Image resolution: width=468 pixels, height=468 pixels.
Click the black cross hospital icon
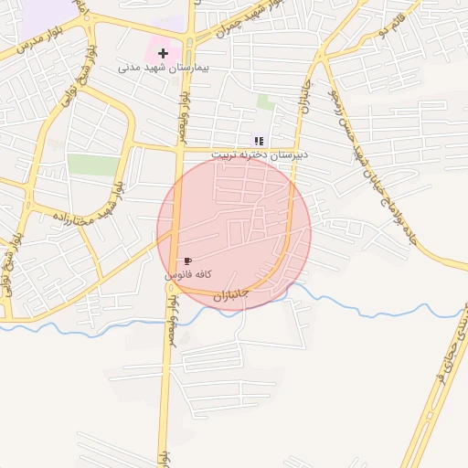[164, 54]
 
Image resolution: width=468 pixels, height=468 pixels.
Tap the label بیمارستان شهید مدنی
[164, 68]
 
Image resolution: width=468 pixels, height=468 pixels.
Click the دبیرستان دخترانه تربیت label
[260, 154]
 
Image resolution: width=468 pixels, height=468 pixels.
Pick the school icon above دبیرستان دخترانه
[259, 141]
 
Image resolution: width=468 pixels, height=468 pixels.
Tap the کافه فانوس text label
[188, 274]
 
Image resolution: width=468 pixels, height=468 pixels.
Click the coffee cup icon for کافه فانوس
[187, 261]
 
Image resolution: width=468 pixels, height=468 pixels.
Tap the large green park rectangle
[93, 165]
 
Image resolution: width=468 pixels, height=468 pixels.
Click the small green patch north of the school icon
[265, 101]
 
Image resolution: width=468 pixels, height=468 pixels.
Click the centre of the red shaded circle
[234, 234]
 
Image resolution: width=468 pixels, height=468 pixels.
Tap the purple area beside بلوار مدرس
[46, 11]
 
